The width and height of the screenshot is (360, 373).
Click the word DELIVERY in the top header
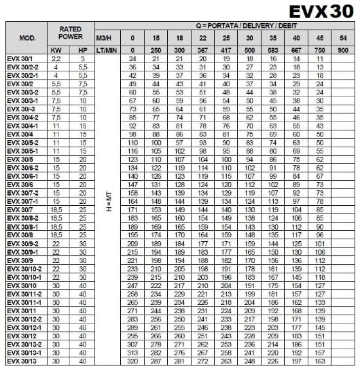[x=237, y=25]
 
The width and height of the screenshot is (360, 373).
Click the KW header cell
[x=57, y=50]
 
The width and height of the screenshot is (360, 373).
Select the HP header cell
[x=82, y=50]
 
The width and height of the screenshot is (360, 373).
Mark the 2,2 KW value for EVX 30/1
[x=57, y=58]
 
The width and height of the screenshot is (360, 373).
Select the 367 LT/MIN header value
[x=202, y=50]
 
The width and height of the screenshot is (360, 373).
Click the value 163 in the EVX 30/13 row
[x=319, y=362]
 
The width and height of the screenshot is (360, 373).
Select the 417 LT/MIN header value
[x=225, y=50]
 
